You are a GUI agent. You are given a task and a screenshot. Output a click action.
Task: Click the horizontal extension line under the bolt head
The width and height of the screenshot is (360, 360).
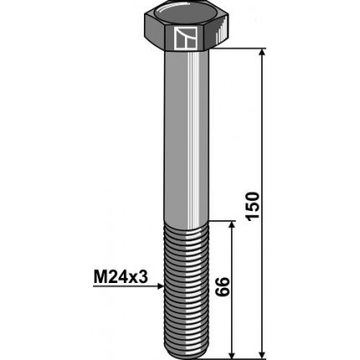239,50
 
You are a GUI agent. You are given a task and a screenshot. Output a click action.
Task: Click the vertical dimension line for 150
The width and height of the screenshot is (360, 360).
262,126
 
